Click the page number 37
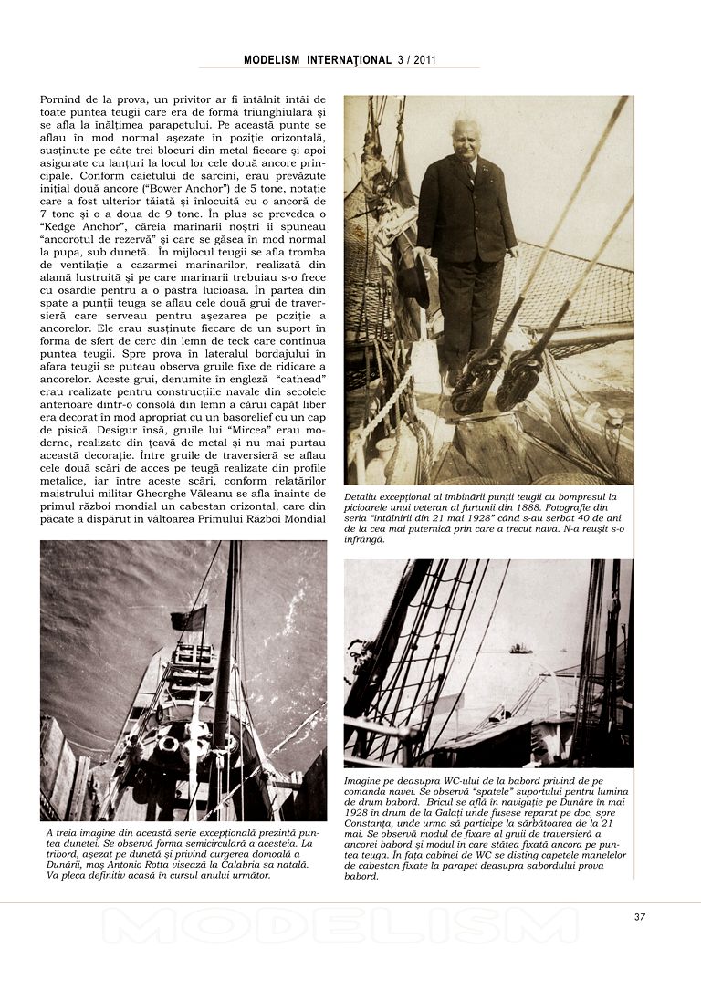coord(639,917)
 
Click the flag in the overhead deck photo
coord(188,620)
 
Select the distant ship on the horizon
coord(520,649)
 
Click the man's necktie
coord(468,171)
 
